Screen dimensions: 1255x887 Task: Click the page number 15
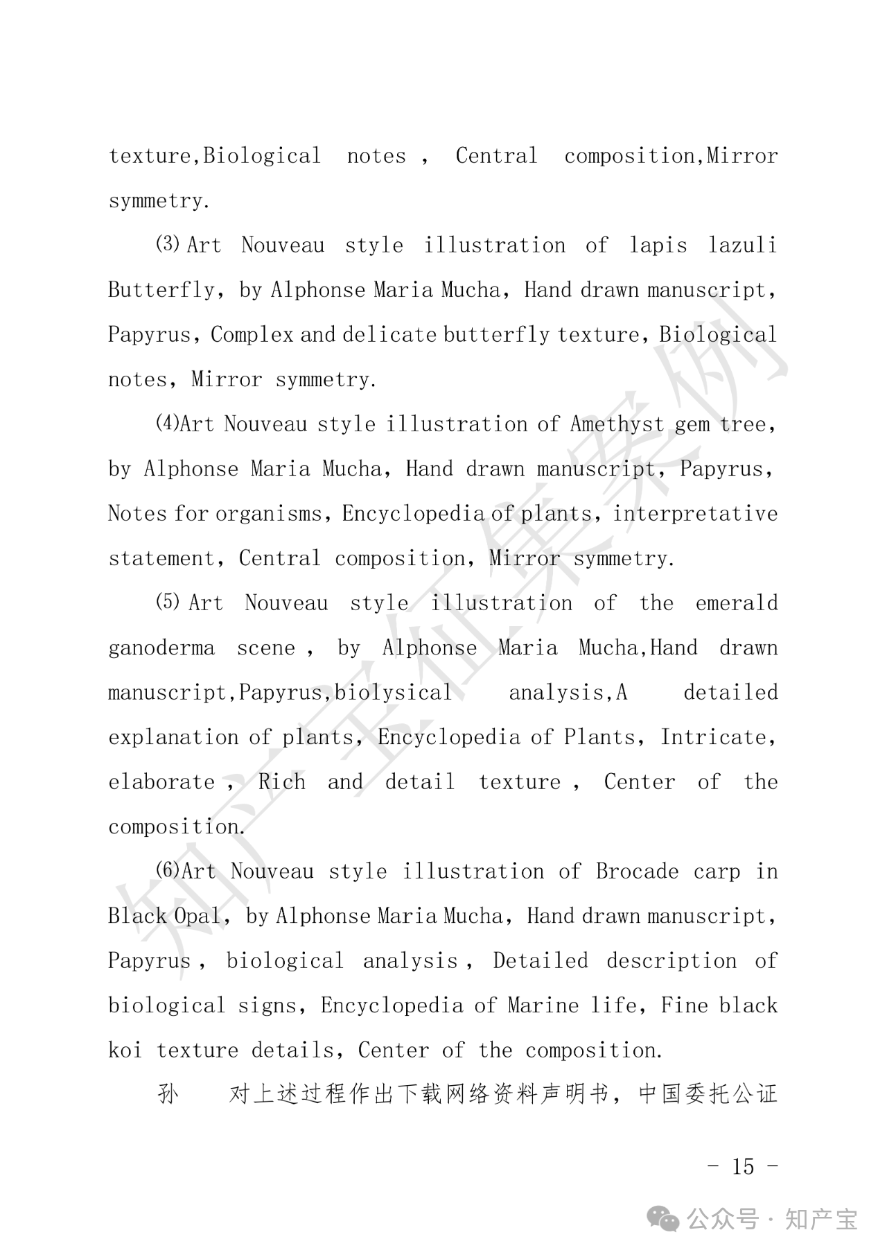click(742, 1166)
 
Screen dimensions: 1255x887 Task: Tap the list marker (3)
click(168, 244)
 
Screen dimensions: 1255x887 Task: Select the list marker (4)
click(167, 423)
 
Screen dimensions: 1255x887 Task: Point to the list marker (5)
click(168, 602)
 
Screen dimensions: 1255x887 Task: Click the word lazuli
click(742, 245)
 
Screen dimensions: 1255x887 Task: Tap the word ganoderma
click(161, 648)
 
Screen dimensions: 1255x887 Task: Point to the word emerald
click(737, 603)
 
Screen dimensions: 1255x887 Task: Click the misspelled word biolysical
click(393, 693)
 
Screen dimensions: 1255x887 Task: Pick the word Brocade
click(637, 871)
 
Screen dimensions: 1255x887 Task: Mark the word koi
click(125, 1050)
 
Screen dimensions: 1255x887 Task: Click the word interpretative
click(695, 514)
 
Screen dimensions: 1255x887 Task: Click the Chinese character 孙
click(168, 1095)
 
